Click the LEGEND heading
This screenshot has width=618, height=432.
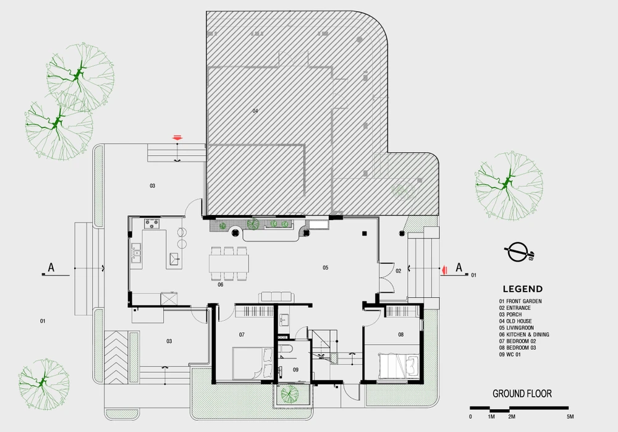pos(523,289)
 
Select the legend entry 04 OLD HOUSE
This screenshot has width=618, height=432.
pos(515,321)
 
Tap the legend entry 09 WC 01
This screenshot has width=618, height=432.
pos(510,354)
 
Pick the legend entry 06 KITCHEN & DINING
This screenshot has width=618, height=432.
pos(524,334)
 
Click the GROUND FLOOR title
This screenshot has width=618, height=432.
pos(522,393)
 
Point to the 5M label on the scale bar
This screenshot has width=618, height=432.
pos(570,417)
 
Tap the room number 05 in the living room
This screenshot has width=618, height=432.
pos(325,268)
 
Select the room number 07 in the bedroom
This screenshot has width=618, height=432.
pos(242,334)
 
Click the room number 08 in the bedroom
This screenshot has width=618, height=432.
pos(400,334)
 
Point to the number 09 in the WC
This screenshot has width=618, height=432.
pos(295,370)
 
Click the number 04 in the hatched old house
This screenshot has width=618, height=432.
pos(255,111)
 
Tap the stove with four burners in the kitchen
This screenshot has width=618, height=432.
pos(152,224)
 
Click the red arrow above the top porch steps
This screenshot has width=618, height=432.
pos(177,137)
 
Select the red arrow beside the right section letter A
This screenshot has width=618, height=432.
pos(444,269)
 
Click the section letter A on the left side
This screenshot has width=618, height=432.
pos(51,268)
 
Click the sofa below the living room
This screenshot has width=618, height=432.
pos(275,297)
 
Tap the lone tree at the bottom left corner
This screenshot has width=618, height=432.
pos(44,384)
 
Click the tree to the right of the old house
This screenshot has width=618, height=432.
pos(509,186)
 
